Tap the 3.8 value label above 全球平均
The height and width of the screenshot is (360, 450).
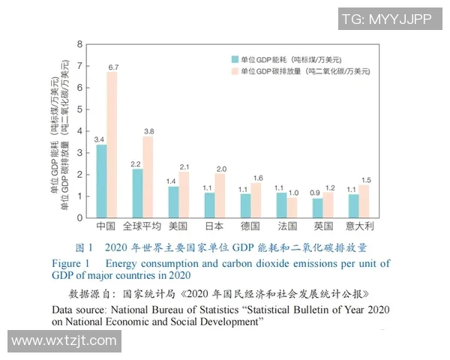tap(148, 130)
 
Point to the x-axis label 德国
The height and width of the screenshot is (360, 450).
tap(251, 226)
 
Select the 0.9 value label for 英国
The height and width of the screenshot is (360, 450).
tap(318, 192)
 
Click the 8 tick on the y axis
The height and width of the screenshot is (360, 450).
tap(80, 44)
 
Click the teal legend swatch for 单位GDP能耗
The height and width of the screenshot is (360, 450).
tap(235, 58)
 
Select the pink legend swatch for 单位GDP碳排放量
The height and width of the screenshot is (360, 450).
tap(235, 71)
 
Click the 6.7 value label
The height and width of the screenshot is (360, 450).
tap(113, 67)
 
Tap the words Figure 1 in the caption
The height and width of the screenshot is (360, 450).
tap(70, 263)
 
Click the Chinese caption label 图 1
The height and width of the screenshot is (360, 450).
tap(84, 247)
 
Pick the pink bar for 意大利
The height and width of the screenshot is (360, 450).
tap(364, 202)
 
